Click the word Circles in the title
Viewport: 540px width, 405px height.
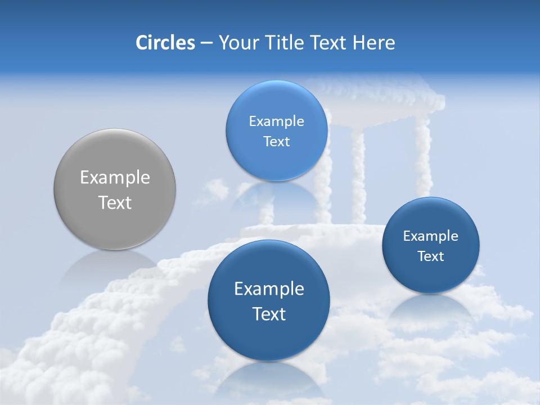(x=165, y=43)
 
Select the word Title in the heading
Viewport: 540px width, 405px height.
(x=285, y=43)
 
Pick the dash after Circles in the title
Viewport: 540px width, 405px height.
(x=206, y=43)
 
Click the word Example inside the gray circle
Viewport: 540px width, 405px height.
(x=115, y=178)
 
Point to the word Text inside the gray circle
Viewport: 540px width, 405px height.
(x=115, y=202)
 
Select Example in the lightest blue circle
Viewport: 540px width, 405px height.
(x=276, y=121)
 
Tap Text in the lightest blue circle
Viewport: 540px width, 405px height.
(x=276, y=141)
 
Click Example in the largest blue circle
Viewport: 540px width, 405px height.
(x=269, y=289)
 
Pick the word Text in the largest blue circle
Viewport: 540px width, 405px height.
(x=269, y=314)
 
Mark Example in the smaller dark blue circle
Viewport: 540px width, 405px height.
(x=431, y=236)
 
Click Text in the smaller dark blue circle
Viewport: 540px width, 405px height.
(x=431, y=256)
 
